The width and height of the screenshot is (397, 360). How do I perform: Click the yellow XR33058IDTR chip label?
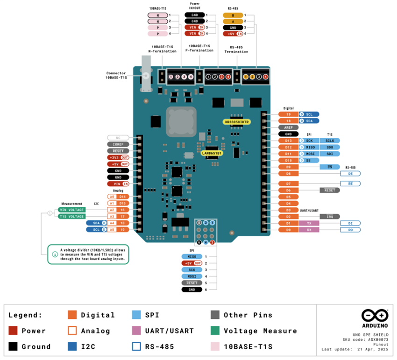237,122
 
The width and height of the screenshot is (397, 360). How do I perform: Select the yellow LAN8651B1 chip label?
212,153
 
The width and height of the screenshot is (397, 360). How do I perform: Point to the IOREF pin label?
118,144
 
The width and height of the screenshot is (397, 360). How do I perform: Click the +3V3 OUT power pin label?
118,157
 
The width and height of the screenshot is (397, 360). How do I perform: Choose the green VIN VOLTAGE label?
71,210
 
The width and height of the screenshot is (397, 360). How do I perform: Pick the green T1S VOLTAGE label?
71,217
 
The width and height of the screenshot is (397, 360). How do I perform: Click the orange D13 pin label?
288,141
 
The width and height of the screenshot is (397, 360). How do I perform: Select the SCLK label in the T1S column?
330,141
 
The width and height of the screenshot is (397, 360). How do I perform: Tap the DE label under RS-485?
350,173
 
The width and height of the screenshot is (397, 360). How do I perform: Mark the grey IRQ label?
329,217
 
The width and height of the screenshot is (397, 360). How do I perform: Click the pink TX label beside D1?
309,223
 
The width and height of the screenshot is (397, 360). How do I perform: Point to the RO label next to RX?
350,230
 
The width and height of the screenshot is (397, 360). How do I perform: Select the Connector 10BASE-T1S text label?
116,75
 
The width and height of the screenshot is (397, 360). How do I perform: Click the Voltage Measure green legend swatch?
215,331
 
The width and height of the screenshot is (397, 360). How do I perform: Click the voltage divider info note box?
88,255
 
